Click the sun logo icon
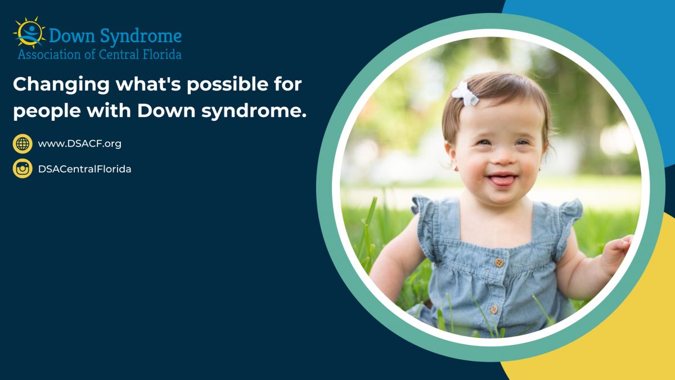[x=29, y=33]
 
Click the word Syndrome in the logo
[x=141, y=37]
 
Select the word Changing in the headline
[x=61, y=85]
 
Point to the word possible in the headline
[x=227, y=85]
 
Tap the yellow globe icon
[x=22, y=144]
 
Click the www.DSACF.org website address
[x=79, y=144]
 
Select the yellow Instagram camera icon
[x=22, y=169]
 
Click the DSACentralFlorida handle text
[x=85, y=169]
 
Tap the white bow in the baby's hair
[x=465, y=94]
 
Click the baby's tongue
[x=501, y=180]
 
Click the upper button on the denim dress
[x=499, y=263]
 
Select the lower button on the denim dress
[x=494, y=309]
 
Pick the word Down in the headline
[x=166, y=111]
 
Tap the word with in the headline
[x=109, y=111]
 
